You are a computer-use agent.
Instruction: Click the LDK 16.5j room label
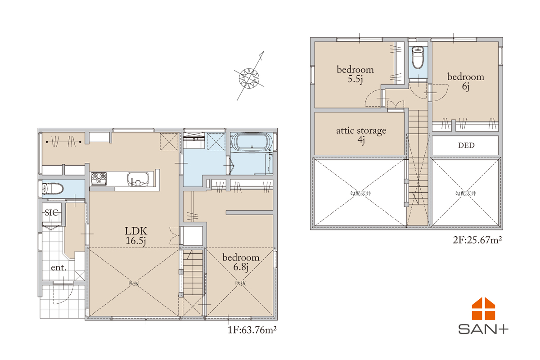pyautogui.click(x=136, y=236)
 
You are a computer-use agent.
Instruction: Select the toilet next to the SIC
pyautogui.click(x=53, y=189)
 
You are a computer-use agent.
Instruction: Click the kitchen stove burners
pyautogui.click(x=99, y=179)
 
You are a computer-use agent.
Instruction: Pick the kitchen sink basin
pyautogui.click(x=138, y=179)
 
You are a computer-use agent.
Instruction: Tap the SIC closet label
pyautogui.click(x=52, y=212)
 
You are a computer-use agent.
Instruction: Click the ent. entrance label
pyautogui.click(x=58, y=267)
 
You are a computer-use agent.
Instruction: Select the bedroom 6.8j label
pyautogui.click(x=241, y=262)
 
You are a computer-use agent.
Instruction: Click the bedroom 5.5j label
pyautogui.click(x=355, y=74)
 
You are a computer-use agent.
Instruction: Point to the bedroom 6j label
pyautogui.click(x=465, y=81)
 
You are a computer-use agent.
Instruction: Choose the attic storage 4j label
pyautogui.click(x=361, y=135)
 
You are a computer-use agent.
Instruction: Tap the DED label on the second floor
pyautogui.click(x=466, y=145)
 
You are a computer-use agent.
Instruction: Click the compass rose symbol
pyautogui.click(x=249, y=78)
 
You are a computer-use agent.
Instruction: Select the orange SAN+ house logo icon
pyautogui.click(x=483, y=309)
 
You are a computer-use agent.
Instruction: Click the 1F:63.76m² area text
pyautogui.click(x=252, y=329)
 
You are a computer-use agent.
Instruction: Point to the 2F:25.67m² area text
pyautogui.click(x=477, y=240)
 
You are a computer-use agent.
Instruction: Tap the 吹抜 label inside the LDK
pyautogui.click(x=134, y=283)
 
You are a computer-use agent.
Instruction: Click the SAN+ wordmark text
pyautogui.click(x=483, y=329)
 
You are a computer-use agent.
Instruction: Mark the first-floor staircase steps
pyautogui.click(x=193, y=272)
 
